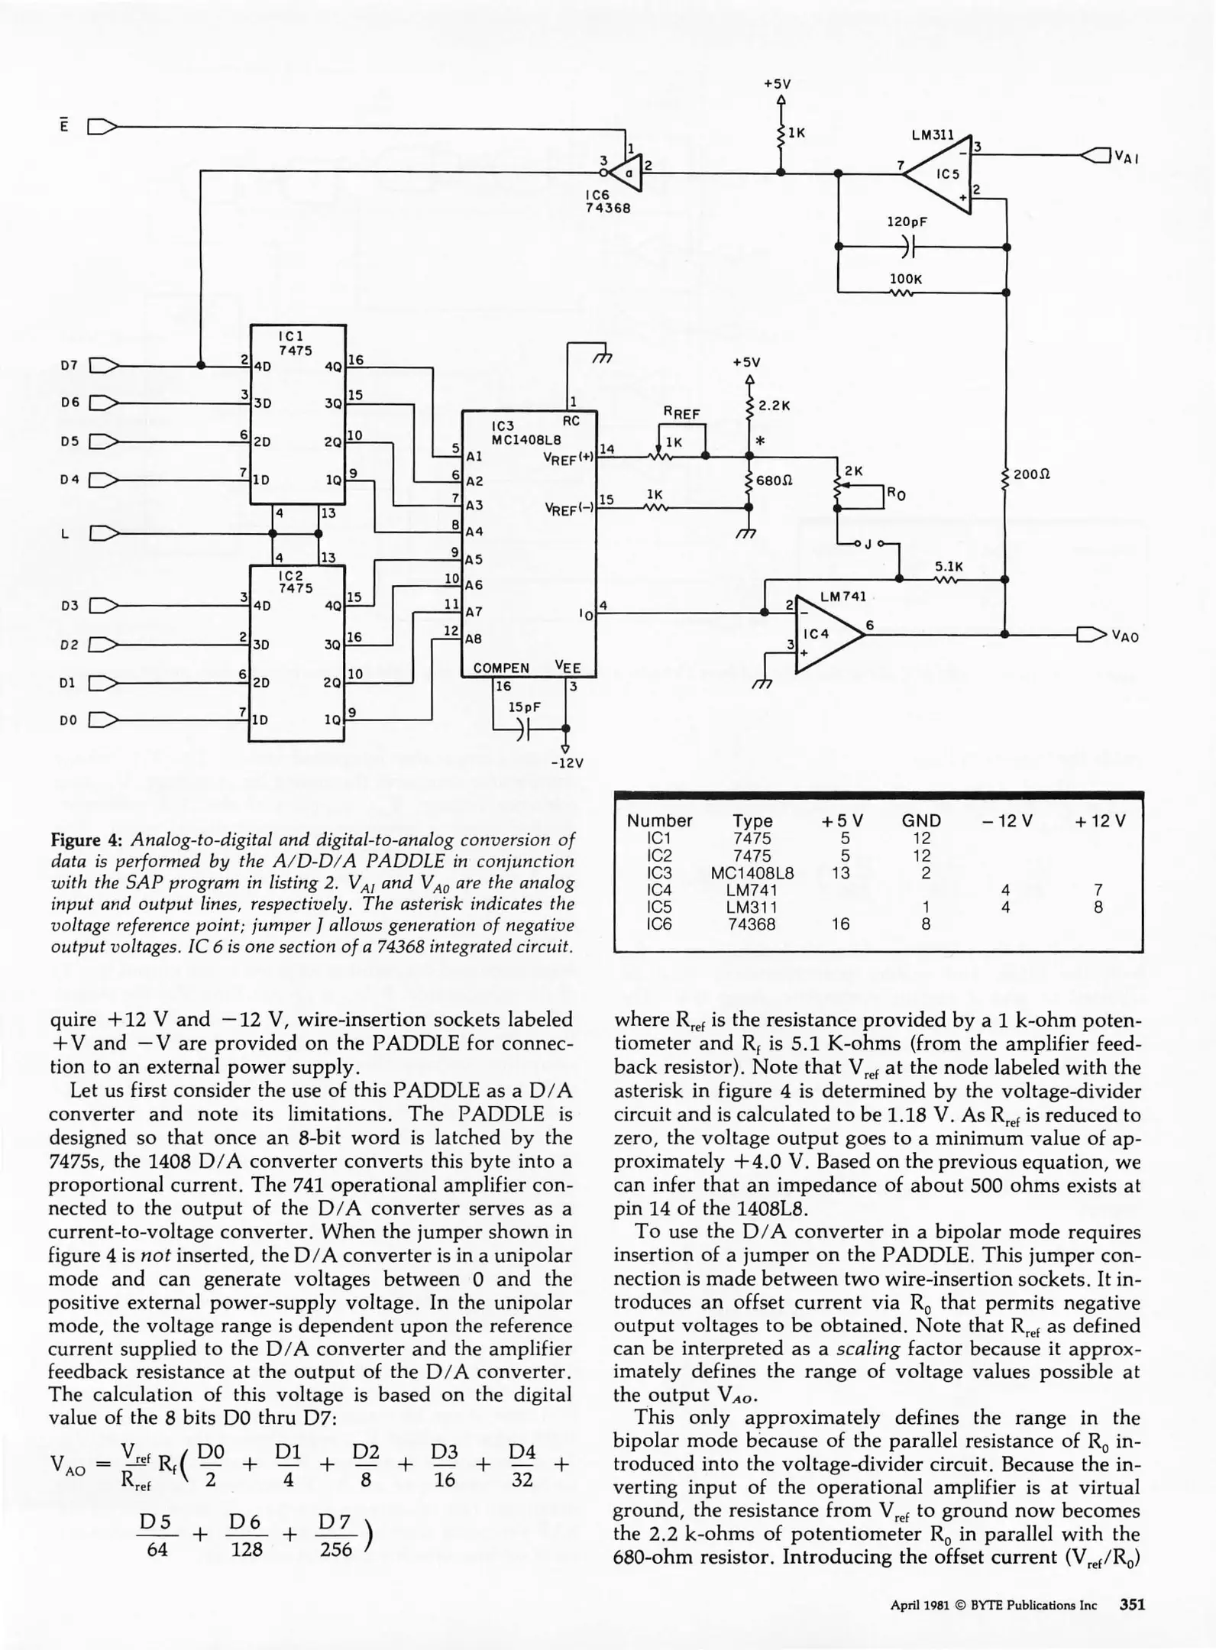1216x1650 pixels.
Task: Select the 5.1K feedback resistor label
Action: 949,567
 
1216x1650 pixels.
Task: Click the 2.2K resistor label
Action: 774,406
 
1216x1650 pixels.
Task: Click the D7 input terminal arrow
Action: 102,365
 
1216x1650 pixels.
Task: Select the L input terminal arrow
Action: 102,533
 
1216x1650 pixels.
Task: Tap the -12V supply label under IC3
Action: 567,762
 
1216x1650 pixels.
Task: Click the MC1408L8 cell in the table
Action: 752,873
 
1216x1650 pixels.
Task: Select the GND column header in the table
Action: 921,821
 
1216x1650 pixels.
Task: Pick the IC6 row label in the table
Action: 659,924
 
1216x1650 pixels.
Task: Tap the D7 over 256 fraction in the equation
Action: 336,1535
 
